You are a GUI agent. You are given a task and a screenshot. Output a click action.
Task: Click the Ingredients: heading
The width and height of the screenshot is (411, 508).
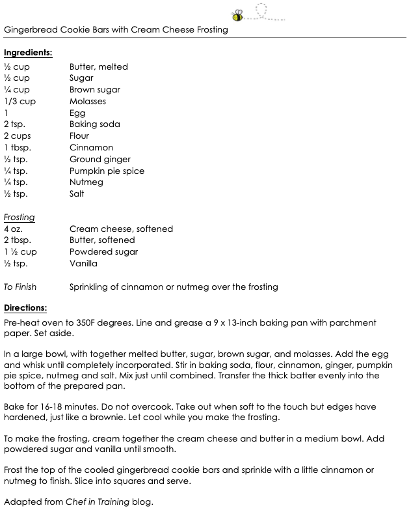28,52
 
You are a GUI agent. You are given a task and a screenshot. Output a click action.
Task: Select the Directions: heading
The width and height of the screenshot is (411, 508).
26,307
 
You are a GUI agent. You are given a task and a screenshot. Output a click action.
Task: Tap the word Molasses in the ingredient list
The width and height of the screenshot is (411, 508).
88,102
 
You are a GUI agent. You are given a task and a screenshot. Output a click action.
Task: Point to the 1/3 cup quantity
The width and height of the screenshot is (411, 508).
20,102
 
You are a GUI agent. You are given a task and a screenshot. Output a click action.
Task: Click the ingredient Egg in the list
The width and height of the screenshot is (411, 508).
77,113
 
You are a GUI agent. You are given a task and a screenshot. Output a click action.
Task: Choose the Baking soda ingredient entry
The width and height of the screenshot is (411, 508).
95,124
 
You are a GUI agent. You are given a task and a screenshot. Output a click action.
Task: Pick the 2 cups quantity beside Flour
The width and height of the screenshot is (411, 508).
18,136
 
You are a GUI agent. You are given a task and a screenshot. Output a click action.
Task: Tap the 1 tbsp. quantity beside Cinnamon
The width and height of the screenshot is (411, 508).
18,148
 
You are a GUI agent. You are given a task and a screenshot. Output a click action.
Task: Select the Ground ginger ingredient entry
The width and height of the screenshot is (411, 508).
100,160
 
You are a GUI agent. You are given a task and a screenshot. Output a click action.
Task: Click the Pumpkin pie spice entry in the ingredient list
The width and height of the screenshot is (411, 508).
107,171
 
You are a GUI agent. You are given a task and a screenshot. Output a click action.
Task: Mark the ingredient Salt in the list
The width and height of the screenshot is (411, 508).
77,194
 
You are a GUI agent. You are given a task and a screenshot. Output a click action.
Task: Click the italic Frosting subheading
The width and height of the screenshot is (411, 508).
20,217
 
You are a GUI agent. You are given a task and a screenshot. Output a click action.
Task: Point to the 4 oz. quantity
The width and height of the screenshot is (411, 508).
14,229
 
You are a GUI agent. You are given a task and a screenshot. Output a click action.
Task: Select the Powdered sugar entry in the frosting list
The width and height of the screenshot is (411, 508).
103,252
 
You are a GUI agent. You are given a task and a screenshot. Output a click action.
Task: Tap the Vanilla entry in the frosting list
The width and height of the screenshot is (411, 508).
83,264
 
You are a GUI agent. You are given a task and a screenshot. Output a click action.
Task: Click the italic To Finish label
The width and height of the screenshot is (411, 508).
20,287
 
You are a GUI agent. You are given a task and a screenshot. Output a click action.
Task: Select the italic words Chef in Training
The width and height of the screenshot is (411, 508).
96,502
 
